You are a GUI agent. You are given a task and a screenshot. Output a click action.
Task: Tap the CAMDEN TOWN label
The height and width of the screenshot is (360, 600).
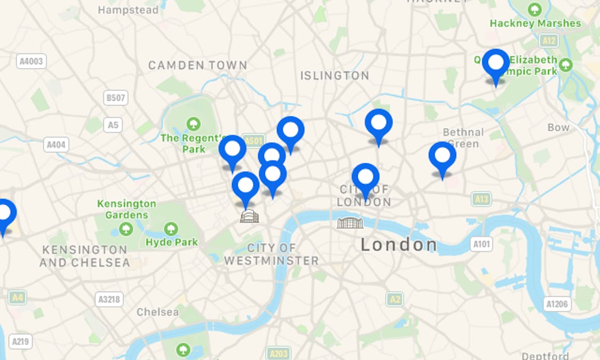click(197, 65)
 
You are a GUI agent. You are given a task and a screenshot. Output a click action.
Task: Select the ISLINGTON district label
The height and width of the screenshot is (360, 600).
click(334, 76)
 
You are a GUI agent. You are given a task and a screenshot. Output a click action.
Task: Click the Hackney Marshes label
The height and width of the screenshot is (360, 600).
click(535, 23)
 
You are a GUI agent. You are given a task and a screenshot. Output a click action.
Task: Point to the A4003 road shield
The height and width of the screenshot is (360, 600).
click(31, 61)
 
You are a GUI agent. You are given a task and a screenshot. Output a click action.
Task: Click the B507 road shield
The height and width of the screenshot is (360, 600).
click(116, 98)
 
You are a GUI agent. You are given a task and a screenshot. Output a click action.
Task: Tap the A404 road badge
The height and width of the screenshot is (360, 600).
click(56, 145)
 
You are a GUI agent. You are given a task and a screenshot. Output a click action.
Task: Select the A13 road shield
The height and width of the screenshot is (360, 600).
click(481, 199)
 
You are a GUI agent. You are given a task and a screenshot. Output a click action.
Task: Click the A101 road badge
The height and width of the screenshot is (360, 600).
click(481, 244)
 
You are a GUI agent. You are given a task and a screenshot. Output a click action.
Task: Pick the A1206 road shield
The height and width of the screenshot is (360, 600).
click(558, 304)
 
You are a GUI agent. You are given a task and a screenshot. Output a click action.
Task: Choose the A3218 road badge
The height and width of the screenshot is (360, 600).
click(110, 299)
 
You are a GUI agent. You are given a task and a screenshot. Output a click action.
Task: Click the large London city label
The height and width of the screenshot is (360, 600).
click(399, 245)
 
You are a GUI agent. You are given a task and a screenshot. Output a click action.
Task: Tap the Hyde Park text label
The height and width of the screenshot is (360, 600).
click(171, 242)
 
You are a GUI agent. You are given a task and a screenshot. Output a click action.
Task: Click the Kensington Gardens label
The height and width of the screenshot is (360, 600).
click(126, 209)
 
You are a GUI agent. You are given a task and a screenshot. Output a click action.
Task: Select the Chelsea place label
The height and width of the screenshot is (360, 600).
click(157, 312)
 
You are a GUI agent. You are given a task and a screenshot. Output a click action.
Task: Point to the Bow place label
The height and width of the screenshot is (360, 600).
click(558, 127)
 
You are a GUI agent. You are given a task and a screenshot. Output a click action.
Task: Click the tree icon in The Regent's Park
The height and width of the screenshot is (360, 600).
click(194, 124)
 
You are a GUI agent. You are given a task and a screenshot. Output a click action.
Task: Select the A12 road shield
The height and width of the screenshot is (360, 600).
click(548, 41)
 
